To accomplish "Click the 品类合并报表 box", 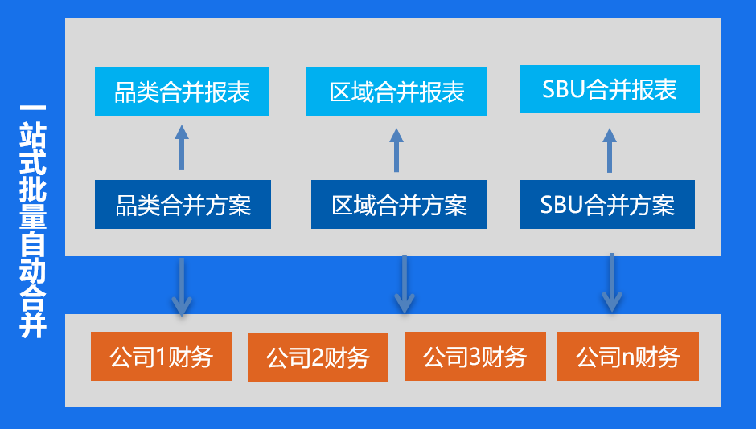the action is coord(182,92).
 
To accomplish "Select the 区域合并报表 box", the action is coord(396,92).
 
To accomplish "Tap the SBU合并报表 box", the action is coord(610,89).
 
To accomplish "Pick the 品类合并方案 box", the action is coord(183,205).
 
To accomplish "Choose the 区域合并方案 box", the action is coord(399,205).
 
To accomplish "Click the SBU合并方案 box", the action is coord(607,205).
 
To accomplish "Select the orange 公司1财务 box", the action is coord(162,357).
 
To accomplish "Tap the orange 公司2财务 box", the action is coord(318,357).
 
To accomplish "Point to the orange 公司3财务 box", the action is coord(475,357).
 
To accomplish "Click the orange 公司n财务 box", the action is coord(628,357).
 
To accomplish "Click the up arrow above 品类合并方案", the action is coord(182,147).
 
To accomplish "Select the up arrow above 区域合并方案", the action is coord(396,149).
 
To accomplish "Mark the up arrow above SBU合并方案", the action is coord(610,150).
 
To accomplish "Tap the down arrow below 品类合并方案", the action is coord(182,287).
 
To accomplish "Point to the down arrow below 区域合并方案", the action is coord(404,284).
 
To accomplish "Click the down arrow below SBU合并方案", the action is coord(612,283).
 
